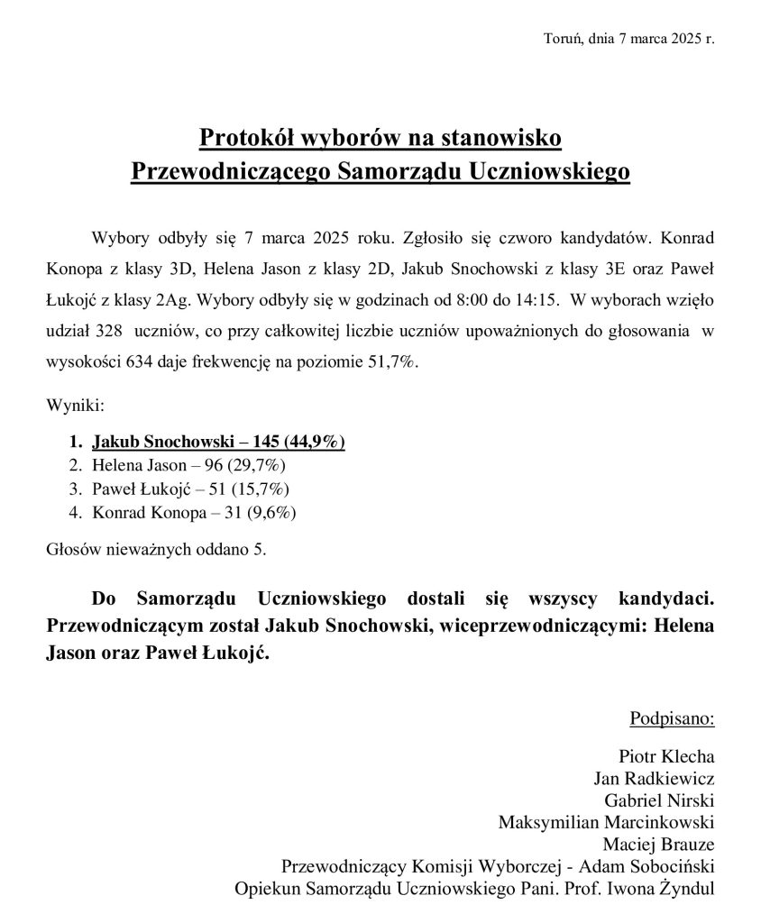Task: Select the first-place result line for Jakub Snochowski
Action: [x=218, y=443]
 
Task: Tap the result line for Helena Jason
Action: [x=188, y=466]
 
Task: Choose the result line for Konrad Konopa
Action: [x=194, y=513]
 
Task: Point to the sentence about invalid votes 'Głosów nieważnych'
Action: [x=156, y=548]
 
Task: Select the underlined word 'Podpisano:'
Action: [x=672, y=719]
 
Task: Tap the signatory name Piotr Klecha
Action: [x=666, y=755]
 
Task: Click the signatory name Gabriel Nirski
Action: [x=660, y=800]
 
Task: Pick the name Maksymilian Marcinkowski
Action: [x=606, y=822]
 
